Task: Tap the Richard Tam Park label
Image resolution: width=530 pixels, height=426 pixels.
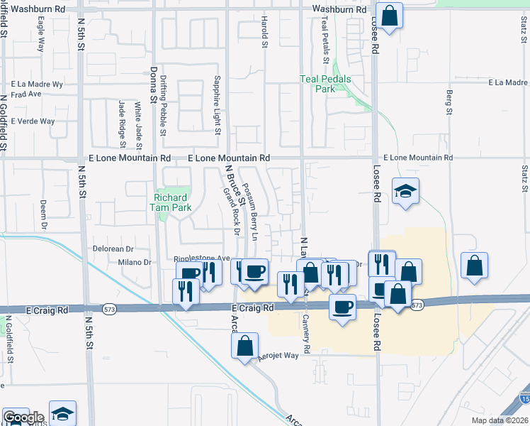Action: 171,202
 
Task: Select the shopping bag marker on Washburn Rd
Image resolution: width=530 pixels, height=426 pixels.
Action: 389,16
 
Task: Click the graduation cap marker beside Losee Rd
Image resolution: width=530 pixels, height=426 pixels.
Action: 406,191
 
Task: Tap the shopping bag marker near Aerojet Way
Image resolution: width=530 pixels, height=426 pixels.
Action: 244,346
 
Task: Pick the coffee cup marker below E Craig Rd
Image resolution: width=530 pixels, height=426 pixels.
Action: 343,307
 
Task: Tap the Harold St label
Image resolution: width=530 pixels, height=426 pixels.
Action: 265,33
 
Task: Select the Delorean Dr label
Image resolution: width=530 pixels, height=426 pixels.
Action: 113,249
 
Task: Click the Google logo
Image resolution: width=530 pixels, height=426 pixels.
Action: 23,417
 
